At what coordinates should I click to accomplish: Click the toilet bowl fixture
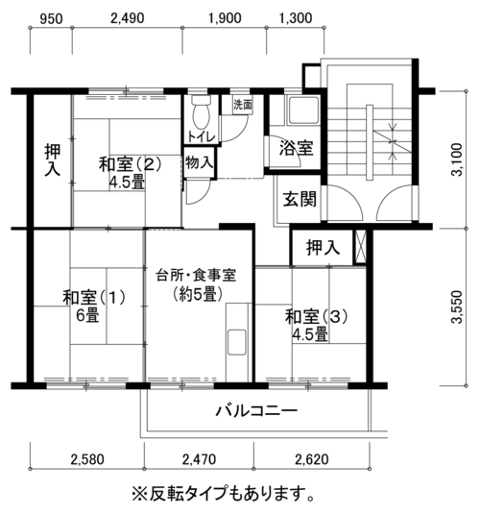coord(202,112)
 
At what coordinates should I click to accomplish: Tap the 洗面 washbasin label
coord(243,105)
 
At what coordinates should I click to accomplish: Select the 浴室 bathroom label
coord(296,147)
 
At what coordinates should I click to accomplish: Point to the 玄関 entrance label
coord(300,199)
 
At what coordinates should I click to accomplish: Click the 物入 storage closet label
coord(199,162)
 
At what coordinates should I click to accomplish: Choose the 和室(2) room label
coord(130,164)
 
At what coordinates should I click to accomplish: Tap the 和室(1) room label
coord(94,297)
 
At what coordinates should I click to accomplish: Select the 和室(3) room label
coord(316,317)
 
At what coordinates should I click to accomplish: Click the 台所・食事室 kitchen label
coord(196,275)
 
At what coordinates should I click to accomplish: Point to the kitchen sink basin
coord(237,342)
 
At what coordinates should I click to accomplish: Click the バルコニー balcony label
coord(256,410)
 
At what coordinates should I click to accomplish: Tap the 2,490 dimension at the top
coord(128,18)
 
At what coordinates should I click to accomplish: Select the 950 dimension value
coord(51,19)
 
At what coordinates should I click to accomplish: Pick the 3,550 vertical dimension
coord(456,307)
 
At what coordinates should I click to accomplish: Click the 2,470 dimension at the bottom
coord(199,459)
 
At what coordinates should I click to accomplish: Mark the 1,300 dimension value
coord(296,18)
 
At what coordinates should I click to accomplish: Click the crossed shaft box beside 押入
coord(360,246)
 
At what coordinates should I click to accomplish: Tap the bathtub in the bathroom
coord(303,110)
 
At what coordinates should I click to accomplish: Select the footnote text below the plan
coord(223,493)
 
